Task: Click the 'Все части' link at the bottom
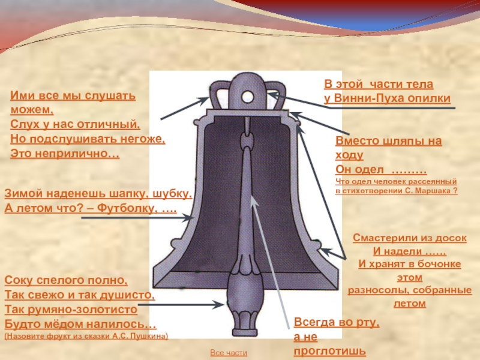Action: click(228, 353)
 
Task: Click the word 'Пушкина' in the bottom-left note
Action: click(148, 336)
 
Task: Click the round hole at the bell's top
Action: click(248, 96)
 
